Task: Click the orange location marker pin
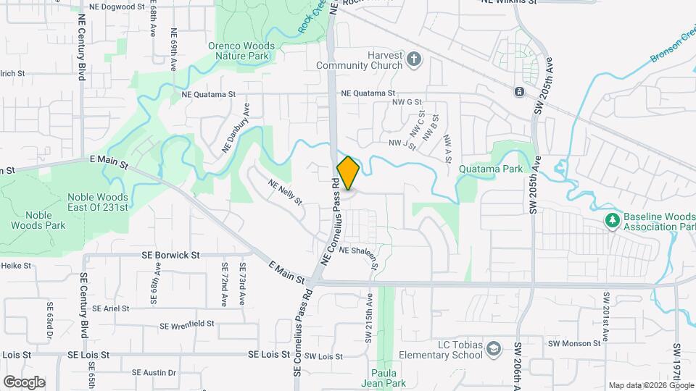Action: (348, 173)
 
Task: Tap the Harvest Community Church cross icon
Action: (414, 59)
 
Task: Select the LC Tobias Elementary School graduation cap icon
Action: (494, 350)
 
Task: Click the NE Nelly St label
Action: (285, 191)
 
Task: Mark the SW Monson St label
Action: (574, 343)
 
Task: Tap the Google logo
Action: (24, 382)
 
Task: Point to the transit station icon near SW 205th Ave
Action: (519, 91)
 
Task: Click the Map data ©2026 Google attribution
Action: (650, 385)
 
